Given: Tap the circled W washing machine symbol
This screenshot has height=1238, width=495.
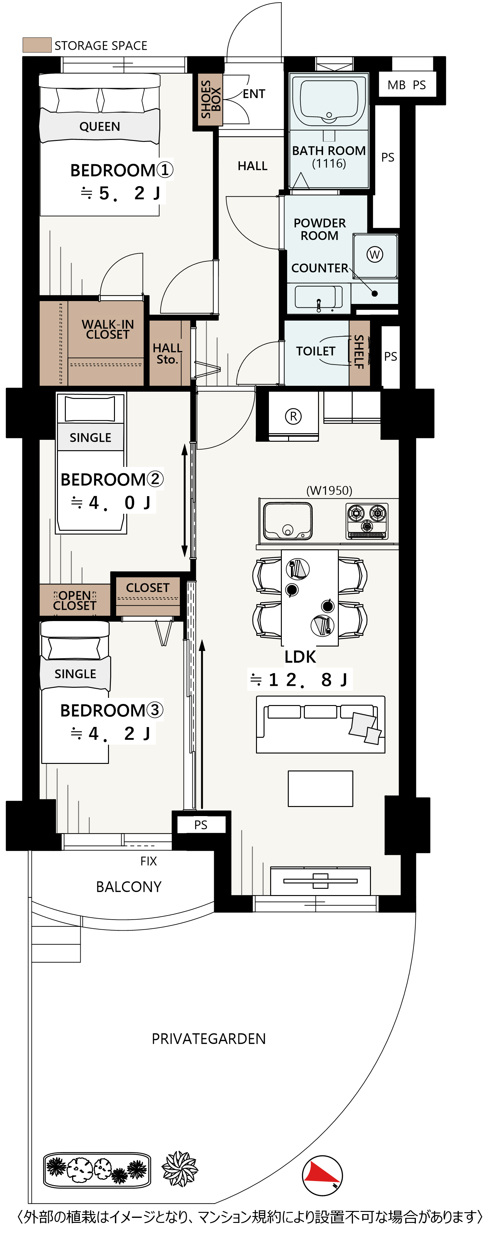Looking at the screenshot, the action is [375, 255].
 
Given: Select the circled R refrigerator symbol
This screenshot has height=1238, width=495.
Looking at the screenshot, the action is [293, 416].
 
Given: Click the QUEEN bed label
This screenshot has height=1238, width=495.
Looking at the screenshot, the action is [100, 126].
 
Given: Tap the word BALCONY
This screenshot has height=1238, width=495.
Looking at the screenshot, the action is [129, 887].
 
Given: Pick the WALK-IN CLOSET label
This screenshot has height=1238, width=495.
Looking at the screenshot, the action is [108, 330].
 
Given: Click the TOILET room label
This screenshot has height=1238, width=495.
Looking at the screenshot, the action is [316, 351].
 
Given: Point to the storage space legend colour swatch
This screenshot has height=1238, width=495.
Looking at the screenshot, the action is [37, 45].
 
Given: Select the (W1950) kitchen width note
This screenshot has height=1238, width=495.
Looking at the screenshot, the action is [329, 491].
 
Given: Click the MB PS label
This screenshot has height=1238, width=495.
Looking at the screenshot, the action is [407, 85].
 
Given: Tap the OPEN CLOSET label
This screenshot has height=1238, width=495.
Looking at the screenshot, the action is [75, 601].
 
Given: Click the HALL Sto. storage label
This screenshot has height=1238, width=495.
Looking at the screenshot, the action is [168, 354].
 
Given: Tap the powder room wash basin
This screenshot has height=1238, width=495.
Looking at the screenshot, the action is [318, 297].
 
